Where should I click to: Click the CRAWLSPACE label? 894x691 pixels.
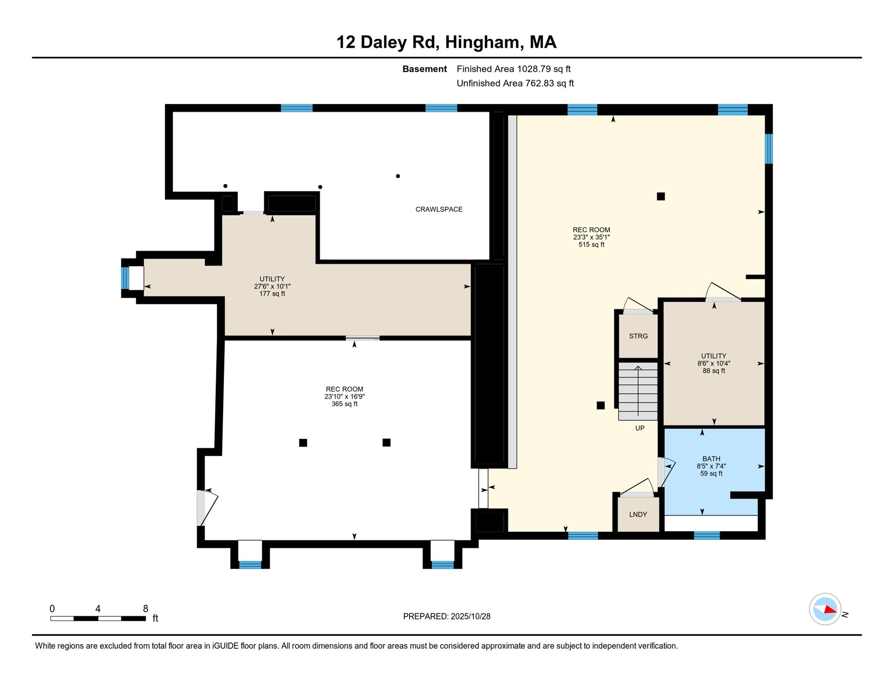click(x=438, y=209)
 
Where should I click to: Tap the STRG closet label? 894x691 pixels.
click(x=638, y=336)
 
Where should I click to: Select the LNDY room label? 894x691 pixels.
click(x=638, y=514)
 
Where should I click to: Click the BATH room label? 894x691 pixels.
click(x=711, y=459)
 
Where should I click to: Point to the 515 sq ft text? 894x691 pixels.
click(x=591, y=245)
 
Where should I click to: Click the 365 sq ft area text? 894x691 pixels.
click(x=344, y=404)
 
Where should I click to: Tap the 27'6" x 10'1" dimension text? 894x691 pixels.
click(x=272, y=286)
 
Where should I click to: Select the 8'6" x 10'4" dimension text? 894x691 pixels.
click(x=714, y=363)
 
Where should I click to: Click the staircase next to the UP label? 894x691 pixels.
click(x=638, y=390)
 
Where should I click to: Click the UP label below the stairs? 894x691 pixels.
click(x=639, y=428)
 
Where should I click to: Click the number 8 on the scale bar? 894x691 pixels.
click(x=145, y=609)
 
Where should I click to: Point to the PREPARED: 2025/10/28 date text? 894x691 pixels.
click(x=447, y=616)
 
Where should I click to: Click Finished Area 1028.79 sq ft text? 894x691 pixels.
click(x=513, y=69)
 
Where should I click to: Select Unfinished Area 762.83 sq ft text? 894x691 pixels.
click(x=515, y=83)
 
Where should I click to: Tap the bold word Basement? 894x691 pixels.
click(x=425, y=69)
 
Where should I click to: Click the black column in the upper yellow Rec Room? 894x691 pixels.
click(x=661, y=196)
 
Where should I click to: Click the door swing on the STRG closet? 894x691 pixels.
click(x=638, y=305)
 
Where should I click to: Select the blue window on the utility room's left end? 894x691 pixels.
click(x=125, y=278)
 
